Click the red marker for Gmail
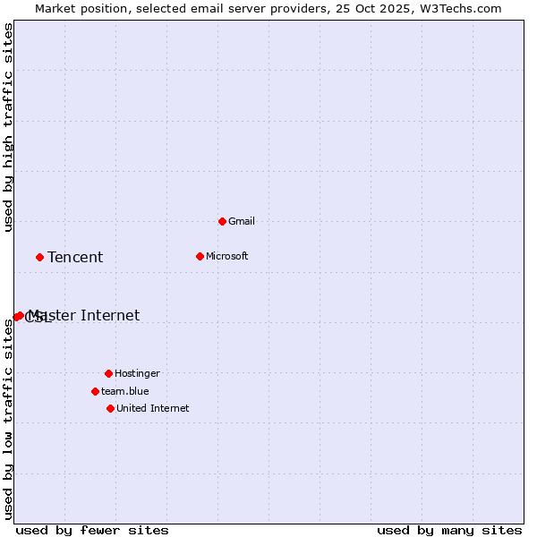[222, 221]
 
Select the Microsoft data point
[200, 256]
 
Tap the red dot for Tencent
[39, 257]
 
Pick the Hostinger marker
[108, 373]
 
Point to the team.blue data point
[95, 391]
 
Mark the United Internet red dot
[110, 408]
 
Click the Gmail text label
[242, 221]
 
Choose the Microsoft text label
[227, 256]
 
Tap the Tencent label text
[75, 257]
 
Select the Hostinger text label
[137, 373]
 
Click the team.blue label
[125, 391]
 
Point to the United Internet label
[153, 408]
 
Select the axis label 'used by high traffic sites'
[9, 127]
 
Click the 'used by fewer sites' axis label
[92, 530]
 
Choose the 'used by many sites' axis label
[449, 530]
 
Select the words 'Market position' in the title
[78, 8]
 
